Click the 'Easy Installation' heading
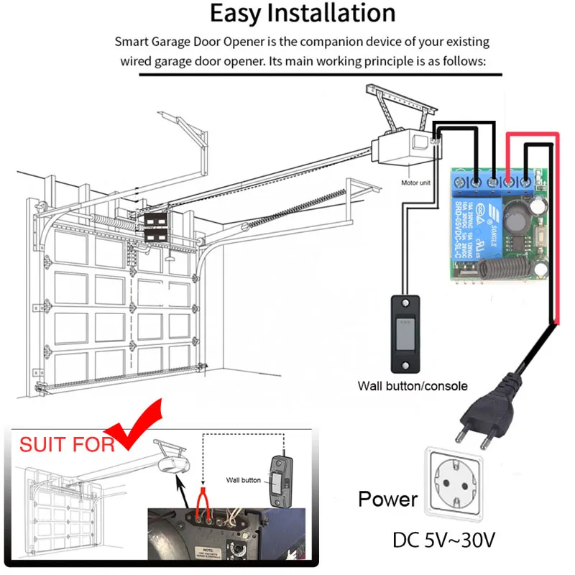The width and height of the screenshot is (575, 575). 302,14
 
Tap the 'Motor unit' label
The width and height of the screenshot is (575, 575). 416,183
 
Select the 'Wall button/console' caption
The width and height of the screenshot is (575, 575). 413,386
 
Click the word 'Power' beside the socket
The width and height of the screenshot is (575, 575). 388,500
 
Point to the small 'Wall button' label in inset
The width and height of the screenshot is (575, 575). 244,479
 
